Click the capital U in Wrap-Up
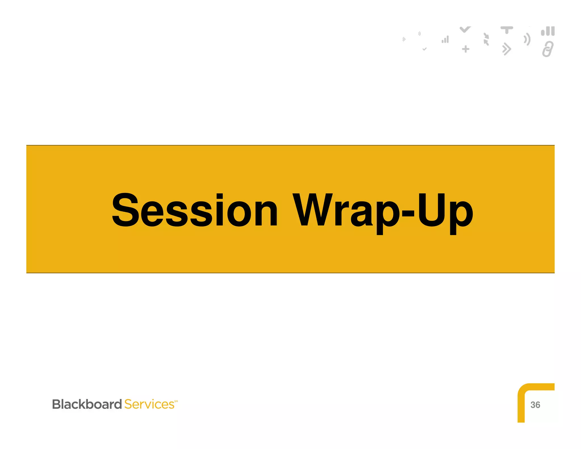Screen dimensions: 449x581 pyautogui.click(x=430, y=210)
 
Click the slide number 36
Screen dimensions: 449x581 pyautogui.click(x=535, y=405)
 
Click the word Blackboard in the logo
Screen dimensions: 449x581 pyautogui.click(x=87, y=404)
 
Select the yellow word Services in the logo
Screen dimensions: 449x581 pyautogui.click(x=149, y=404)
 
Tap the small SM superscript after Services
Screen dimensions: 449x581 pyautogui.click(x=176, y=401)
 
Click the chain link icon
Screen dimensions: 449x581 pyautogui.click(x=548, y=49)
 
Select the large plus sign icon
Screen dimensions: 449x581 pyautogui.click(x=466, y=49)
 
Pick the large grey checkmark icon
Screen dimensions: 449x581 pyautogui.click(x=465, y=29)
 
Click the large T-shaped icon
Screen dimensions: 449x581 pyautogui.click(x=507, y=30)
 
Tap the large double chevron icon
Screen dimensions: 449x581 pyautogui.click(x=506, y=49)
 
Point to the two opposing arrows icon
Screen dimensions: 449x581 pyautogui.click(x=486, y=39)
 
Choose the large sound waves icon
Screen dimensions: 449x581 pyautogui.click(x=527, y=39)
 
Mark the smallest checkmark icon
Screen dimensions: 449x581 pyautogui.click(x=424, y=49)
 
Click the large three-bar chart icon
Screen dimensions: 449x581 pyautogui.click(x=548, y=31)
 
